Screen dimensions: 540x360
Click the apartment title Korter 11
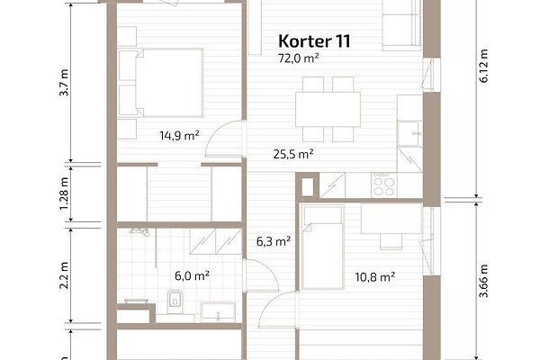point(314,41)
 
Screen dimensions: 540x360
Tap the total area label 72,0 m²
point(298,58)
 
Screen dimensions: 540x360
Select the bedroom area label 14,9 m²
point(179,135)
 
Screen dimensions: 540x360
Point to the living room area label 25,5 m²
point(293,154)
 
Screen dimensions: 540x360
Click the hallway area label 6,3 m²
point(274,241)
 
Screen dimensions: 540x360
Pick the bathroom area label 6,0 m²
point(193,276)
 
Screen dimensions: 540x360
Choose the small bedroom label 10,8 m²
point(374,276)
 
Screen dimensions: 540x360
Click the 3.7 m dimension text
point(64,83)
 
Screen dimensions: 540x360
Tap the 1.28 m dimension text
point(64,194)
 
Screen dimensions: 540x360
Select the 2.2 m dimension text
point(64,275)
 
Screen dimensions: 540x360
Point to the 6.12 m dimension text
point(483,66)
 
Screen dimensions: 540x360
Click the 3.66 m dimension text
point(483,281)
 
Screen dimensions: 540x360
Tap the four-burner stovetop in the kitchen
point(384,185)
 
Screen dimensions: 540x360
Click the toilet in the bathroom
point(175,301)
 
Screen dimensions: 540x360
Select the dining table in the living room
point(328,109)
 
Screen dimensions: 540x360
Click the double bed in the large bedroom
point(161,83)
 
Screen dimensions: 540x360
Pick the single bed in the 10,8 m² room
point(322,247)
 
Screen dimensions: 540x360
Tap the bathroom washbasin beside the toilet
point(218,312)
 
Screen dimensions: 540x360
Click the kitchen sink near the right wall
point(409,134)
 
